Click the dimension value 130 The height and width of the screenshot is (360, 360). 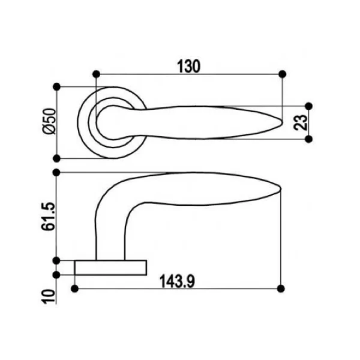coord(189,66)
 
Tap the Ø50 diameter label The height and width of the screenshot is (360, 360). coord(49,121)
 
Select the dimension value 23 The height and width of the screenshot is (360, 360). coord(300,122)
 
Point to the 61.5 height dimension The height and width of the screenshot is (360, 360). coord(49,216)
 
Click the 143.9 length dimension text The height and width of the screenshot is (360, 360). coord(177,281)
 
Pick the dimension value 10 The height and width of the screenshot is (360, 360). coord(49,296)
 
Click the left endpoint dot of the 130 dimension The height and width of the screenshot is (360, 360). coord(97,74)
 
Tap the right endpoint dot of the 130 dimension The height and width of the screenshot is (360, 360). coord(282,74)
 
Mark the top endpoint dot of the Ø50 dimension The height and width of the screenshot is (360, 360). coord(56,87)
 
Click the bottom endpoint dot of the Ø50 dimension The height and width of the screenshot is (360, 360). coord(56,158)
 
